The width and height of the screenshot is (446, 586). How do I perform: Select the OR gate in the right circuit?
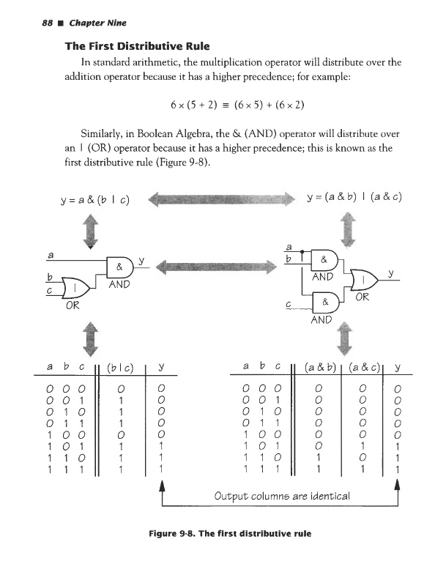coord(363,280)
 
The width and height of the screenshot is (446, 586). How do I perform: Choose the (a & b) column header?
coord(318,364)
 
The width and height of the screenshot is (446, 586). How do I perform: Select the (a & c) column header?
coord(365,364)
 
